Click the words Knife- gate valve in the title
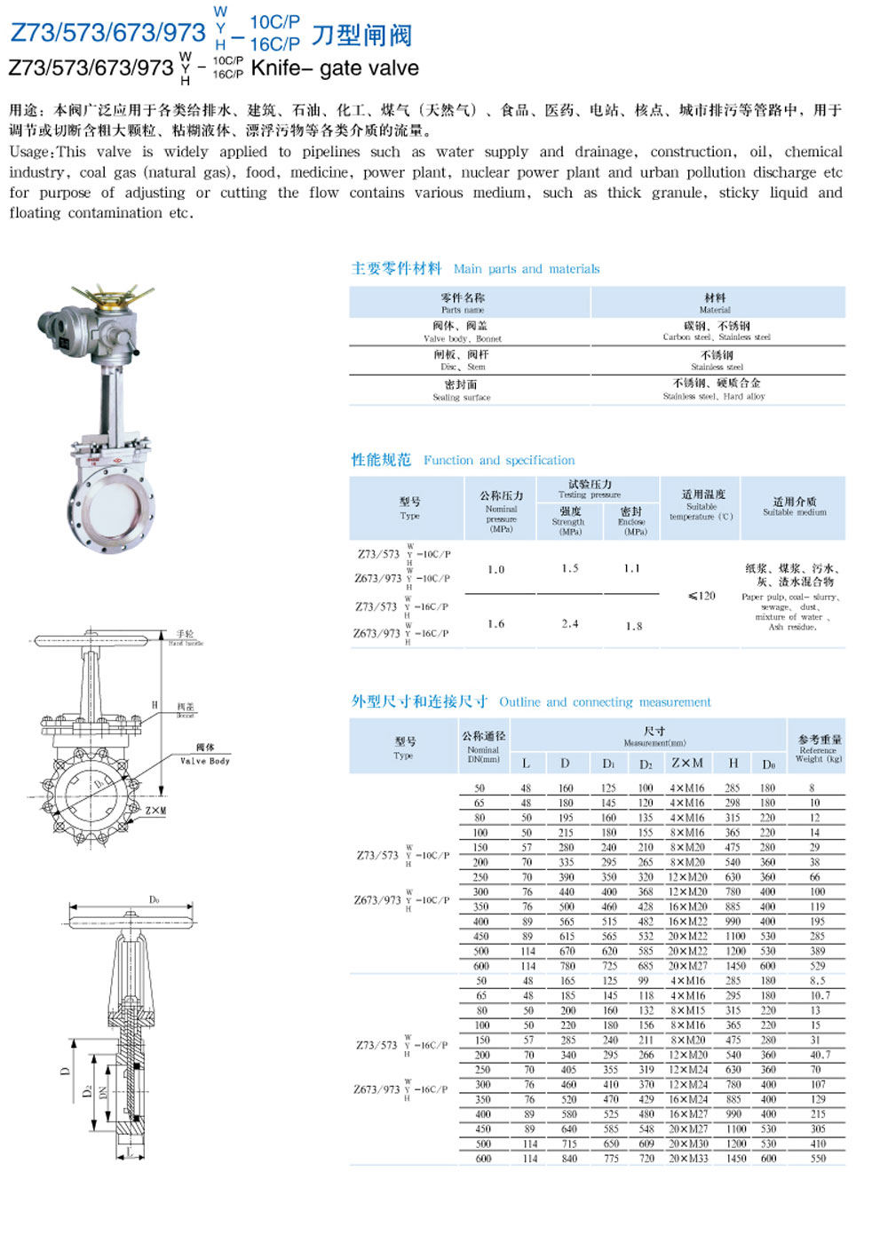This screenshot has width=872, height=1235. pyautogui.click(x=335, y=68)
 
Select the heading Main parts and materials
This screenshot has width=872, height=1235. pyautogui.click(x=526, y=269)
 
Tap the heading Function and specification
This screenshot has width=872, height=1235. pyautogui.click(x=498, y=461)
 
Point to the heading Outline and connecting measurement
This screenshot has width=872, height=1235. pyautogui.click(x=604, y=702)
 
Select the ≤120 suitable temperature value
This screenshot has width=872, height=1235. pyautogui.click(x=701, y=596)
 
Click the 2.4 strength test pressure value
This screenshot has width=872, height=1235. pyautogui.click(x=570, y=624)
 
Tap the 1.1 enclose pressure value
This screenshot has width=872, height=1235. pyautogui.click(x=631, y=568)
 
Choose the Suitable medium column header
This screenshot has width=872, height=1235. pyautogui.click(x=794, y=507)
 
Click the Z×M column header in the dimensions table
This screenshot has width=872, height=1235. pyautogui.click(x=686, y=764)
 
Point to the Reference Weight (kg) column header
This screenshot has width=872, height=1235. pyautogui.click(x=818, y=749)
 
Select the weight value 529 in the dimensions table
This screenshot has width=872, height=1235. pyautogui.click(x=817, y=966)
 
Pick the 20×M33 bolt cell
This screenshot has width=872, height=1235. pyautogui.click(x=688, y=1159)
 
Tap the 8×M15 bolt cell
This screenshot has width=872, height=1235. pyautogui.click(x=687, y=1010)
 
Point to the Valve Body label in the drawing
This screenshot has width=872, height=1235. pyautogui.click(x=205, y=761)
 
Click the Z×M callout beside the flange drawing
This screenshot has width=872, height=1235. pyautogui.click(x=155, y=811)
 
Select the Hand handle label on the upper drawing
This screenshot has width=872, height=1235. pyautogui.click(x=186, y=638)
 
